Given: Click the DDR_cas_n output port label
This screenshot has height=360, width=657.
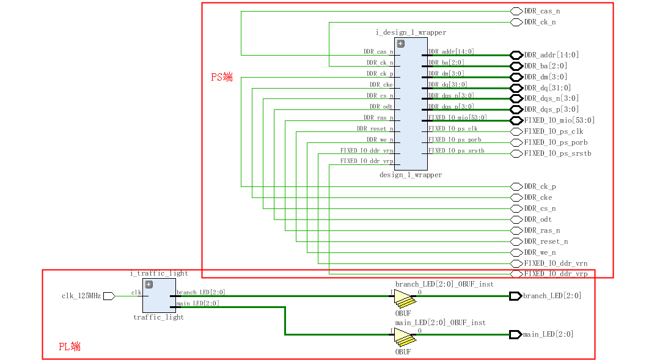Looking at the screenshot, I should point(541,11).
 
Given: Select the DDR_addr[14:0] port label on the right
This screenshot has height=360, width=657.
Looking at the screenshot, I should point(551,55).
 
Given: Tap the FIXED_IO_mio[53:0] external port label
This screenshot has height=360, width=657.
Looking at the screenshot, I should point(559,120).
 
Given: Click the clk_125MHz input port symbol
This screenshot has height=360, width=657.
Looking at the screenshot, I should point(109,296).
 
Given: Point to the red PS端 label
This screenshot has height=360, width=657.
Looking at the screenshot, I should point(222,77).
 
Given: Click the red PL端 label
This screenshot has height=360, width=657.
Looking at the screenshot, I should point(70,347).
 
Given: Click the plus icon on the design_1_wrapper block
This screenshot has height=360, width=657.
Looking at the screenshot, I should point(401,43).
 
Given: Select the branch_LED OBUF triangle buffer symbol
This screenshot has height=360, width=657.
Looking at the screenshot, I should point(403,297).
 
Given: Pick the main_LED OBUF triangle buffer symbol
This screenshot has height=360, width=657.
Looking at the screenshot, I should point(403,335).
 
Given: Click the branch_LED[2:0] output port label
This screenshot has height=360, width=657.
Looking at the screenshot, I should point(552,296).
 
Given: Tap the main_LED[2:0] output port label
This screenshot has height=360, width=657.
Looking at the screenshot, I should point(548,334).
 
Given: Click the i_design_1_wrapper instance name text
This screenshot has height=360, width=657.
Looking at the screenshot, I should point(411,32).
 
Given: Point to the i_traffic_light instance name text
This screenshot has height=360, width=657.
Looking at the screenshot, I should point(159,273).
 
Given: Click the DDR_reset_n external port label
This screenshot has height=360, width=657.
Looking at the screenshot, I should point(546,241).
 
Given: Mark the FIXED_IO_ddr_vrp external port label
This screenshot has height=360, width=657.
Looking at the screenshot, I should point(556,274).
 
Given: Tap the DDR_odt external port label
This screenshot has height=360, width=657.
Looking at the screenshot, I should point(538,219).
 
